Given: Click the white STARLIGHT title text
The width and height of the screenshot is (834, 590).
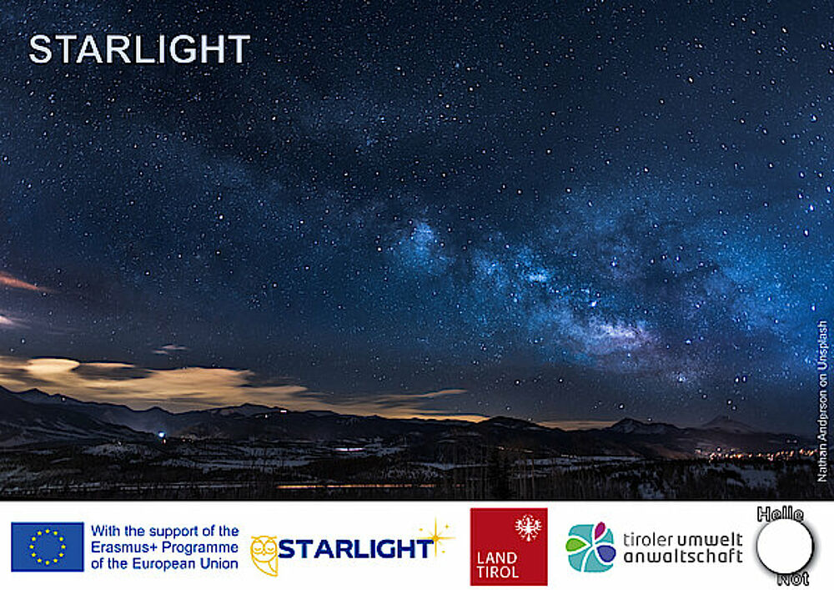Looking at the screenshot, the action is [x=139, y=49].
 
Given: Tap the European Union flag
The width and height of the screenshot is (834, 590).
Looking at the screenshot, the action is [x=48, y=547].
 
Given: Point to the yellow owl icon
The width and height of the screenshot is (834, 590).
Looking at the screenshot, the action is [x=264, y=555].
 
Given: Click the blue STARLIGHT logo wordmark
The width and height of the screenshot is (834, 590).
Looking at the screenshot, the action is [x=354, y=548].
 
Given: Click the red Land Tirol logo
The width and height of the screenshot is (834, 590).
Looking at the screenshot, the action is [x=509, y=547].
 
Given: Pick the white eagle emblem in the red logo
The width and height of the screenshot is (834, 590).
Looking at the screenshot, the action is [x=528, y=527].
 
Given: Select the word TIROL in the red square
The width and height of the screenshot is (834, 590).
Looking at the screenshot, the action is [x=498, y=572].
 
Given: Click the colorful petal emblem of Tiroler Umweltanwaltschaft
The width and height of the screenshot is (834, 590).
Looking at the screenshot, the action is [x=591, y=547].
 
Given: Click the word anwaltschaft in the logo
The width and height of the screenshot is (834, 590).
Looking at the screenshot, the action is [x=683, y=557].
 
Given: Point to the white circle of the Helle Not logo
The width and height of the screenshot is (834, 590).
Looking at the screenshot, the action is [x=785, y=547].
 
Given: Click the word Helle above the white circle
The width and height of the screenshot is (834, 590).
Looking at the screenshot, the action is [x=781, y=514].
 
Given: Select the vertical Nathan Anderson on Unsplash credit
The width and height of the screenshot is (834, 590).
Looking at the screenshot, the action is [x=822, y=401].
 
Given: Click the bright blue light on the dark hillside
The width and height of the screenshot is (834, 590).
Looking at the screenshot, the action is [x=161, y=435].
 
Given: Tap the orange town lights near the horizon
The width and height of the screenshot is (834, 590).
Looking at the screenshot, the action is [x=756, y=455].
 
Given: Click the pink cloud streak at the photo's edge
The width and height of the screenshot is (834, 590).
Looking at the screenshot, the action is [x=18, y=283].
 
